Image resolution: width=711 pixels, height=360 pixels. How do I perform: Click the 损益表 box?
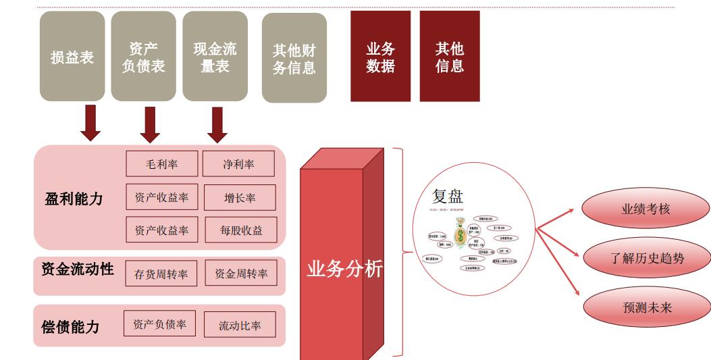[72, 57]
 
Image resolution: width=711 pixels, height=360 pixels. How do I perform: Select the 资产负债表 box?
[143, 57]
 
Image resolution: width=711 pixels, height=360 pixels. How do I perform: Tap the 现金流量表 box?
[215, 57]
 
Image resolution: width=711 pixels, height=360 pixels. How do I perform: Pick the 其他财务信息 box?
[294, 58]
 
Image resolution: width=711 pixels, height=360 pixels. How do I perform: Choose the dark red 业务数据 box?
[380, 57]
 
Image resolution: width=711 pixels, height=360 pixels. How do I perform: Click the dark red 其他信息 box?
[449, 57]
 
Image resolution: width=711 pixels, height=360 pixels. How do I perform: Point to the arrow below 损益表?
[90, 123]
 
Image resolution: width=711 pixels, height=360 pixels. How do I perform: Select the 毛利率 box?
[161, 164]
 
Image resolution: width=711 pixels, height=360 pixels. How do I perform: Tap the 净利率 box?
[238, 164]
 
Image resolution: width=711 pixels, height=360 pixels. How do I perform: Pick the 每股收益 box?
[240, 231]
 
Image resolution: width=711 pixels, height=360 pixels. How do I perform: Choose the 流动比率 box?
[240, 325]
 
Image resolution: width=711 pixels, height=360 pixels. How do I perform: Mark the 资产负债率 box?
[159, 324]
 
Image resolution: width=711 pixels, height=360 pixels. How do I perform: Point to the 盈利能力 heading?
[74, 199]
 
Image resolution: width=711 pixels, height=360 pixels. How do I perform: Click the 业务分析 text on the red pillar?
[344, 269]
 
